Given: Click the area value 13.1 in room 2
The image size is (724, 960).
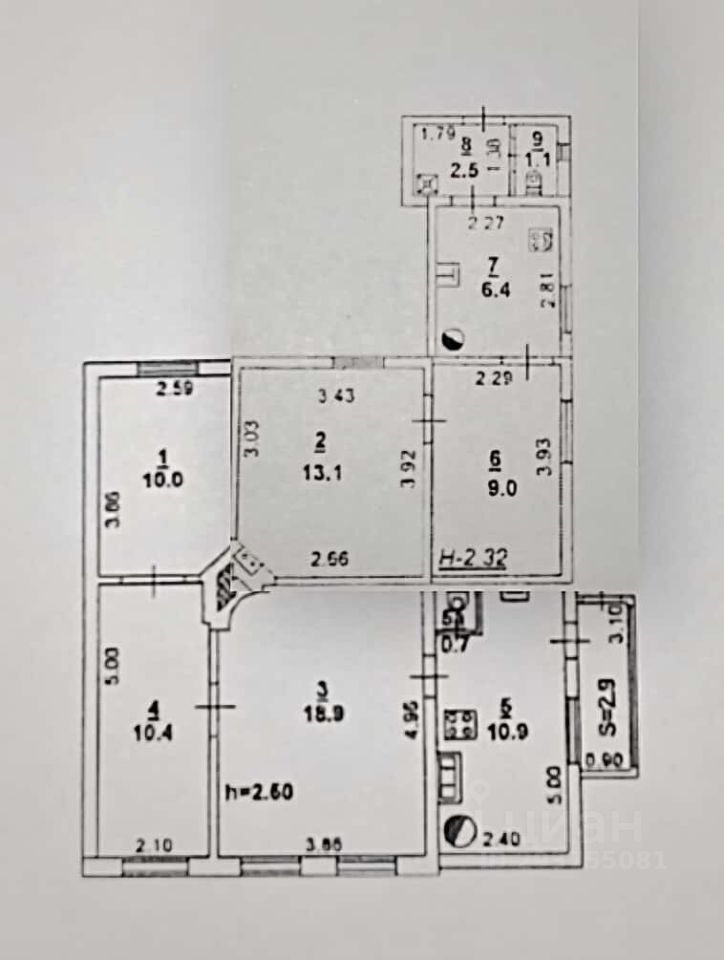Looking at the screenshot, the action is (327, 475).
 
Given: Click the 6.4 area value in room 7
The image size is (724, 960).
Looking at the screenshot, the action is (493, 293).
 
